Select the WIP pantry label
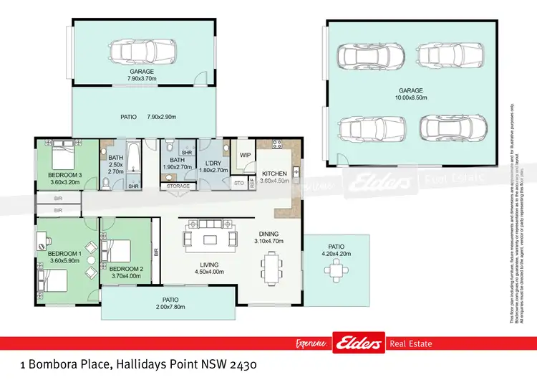[x=244, y=155]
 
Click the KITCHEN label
[x=274, y=174]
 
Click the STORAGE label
[x=178, y=186]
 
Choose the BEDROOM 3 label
[x=64, y=175]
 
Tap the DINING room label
[x=269, y=233]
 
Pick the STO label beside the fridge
[x=239, y=184]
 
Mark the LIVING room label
[x=210, y=265]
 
